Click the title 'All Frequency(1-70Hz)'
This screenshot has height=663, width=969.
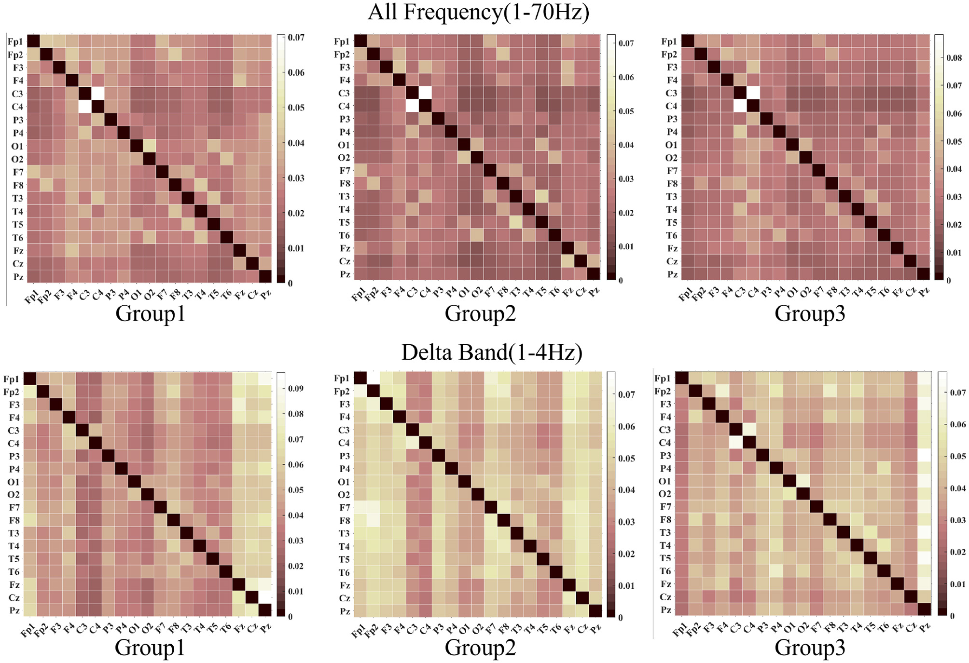click(x=478, y=12)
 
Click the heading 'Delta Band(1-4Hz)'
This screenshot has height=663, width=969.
click(x=491, y=352)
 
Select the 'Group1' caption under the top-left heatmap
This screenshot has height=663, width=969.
click(x=150, y=313)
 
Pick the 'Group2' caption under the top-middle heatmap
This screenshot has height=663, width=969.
click(x=480, y=313)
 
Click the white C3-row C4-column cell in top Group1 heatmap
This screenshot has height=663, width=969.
click(x=98, y=94)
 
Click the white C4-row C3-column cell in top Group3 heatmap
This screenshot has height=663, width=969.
click(x=740, y=106)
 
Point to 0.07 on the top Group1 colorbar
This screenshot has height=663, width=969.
click(x=296, y=38)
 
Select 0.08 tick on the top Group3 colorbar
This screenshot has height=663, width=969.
click(x=954, y=58)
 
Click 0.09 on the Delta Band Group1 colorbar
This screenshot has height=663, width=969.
click(x=295, y=389)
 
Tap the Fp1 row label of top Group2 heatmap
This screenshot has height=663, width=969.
click(x=342, y=41)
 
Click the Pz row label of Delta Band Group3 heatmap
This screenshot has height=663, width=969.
click(x=665, y=610)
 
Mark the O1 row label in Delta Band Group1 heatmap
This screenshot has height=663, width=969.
click(x=14, y=482)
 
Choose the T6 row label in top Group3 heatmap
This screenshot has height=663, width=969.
click(x=671, y=235)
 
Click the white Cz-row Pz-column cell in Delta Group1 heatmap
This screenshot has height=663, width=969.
click(x=265, y=597)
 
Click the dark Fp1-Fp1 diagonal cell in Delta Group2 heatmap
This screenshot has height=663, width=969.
click(x=360, y=379)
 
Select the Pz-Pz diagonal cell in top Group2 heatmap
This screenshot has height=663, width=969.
click(x=594, y=274)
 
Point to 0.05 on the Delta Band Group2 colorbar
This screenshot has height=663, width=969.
click(x=626, y=459)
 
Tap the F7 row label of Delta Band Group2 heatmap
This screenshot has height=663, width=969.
click(x=345, y=508)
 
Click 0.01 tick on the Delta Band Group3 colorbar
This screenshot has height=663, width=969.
click(x=957, y=584)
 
